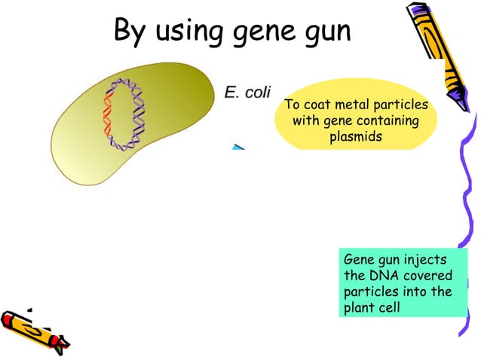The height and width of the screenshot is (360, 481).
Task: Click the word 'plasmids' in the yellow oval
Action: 356,137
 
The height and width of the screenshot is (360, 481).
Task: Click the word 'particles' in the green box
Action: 371,291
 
